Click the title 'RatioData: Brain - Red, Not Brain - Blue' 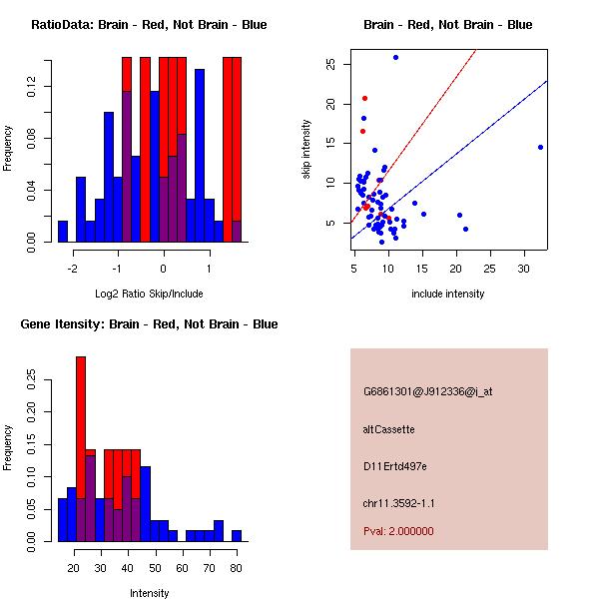149,25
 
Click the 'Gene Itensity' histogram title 149,324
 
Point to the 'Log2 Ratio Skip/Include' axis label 149,294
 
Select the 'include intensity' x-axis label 448,294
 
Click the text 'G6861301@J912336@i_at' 427,391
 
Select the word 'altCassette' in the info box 388,429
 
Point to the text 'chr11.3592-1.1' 398,503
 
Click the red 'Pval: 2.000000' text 398,531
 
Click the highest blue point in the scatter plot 395,57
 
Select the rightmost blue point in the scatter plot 540,147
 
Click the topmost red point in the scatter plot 364,98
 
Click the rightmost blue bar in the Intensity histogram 236,535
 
